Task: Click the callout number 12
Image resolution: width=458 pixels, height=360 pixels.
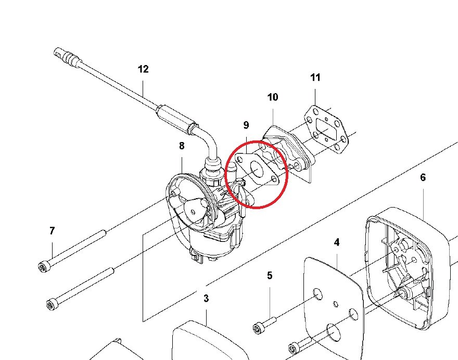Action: [x=143, y=69]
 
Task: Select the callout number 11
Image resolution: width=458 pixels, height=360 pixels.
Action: [x=315, y=78]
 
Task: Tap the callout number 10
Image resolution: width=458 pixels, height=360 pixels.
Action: [x=273, y=97]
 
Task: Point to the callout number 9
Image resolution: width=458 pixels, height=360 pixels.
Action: [x=246, y=125]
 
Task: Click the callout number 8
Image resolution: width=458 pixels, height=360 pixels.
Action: [x=182, y=146]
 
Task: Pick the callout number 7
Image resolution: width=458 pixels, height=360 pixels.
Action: [x=52, y=231]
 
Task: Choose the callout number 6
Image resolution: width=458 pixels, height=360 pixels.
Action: [x=423, y=177]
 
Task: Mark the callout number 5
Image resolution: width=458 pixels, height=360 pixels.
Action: [x=270, y=276]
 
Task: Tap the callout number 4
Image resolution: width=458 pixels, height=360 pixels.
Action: [x=337, y=242]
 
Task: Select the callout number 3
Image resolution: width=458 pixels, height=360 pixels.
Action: [x=206, y=299]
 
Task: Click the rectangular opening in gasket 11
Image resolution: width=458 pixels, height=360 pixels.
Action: [x=326, y=128]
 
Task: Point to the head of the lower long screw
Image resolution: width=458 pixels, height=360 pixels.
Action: [x=52, y=304]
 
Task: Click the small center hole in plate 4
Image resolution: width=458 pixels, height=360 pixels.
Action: [x=336, y=304]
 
